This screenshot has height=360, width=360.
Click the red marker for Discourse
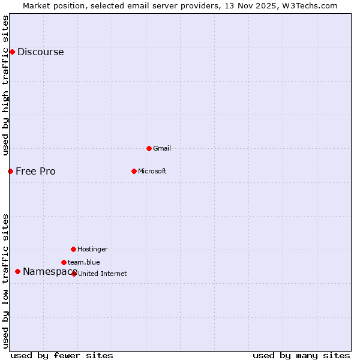click(x=12, y=52)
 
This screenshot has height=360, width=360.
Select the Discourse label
click(x=40, y=52)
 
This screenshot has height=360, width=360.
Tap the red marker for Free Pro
click(x=10, y=171)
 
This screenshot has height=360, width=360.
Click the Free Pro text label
click(x=35, y=172)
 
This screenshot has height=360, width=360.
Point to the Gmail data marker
click(x=149, y=148)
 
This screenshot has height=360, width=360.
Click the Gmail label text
click(x=162, y=148)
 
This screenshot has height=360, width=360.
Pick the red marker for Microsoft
click(x=134, y=171)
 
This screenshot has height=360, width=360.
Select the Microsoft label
click(x=152, y=172)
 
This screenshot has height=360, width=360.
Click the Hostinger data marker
click(x=73, y=249)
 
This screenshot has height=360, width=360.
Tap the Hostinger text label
click(x=92, y=249)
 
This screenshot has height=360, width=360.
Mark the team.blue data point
click(x=64, y=262)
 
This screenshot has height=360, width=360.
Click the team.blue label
click(x=84, y=262)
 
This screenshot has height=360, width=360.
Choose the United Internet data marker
click(x=74, y=274)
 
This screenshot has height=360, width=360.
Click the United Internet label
click(x=103, y=274)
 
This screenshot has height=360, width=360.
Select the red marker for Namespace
click(x=17, y=271)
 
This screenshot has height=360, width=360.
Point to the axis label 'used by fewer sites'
click(x=62, y=355)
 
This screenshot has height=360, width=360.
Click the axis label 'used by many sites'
click(x=301, y=355)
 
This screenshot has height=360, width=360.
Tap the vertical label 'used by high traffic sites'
click(x=6, y=85)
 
